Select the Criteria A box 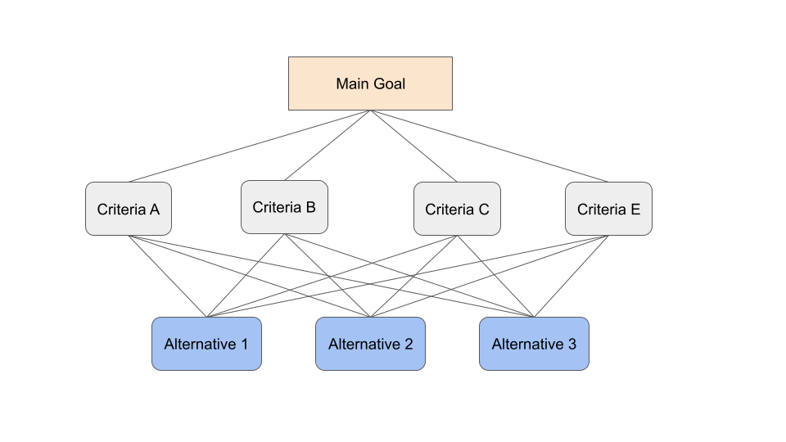tap(129, 209)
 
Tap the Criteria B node tap(284, 207)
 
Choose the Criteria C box tap(457, 209)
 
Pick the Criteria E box tap(608, 209)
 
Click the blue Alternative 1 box tap(206, 344)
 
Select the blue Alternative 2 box tap(370, 344)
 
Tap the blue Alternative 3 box tap(534, 344)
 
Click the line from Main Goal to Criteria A tap(250, 147)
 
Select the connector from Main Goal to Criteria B tap(327, 145)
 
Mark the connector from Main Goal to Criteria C tap(413, 146)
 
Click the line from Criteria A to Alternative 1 tap(168, 277)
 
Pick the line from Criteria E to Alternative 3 tap(571, 277)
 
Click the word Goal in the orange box tap(389, 83)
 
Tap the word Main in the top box tap(352, 83)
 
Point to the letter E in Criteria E tap(635, 210)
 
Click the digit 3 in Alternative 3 tap(571, 345)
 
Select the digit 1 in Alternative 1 tap(244, 345)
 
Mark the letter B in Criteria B tap(310, 207)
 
